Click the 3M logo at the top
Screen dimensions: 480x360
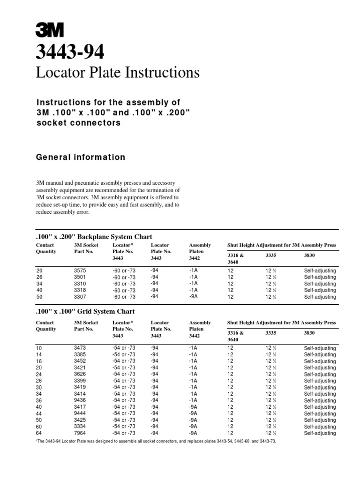tap(50, 30)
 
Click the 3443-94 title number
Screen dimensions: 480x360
tap(70, 52)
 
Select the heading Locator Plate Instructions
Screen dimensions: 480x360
tap(118, 73)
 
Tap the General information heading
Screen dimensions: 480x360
tap(81, 157)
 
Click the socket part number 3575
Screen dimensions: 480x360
tap(81, 270)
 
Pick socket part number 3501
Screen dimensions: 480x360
tap(81, 277)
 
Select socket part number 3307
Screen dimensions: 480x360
tap(81, 297)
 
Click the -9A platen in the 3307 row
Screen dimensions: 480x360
tap(193, 297)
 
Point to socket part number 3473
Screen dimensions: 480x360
tap(81, 348)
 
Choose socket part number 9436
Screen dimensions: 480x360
tap(81, 401)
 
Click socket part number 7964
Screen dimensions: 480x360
tap(81, 433)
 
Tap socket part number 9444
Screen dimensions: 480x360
tap(81, 414)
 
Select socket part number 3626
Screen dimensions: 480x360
tap(81, 375)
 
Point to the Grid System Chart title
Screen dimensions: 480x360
tap(85, 311)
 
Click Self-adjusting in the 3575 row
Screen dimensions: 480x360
tap(320, 270)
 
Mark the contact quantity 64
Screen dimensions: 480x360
tap(39, 433)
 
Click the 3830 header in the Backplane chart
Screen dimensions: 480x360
tap(310, 255)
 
